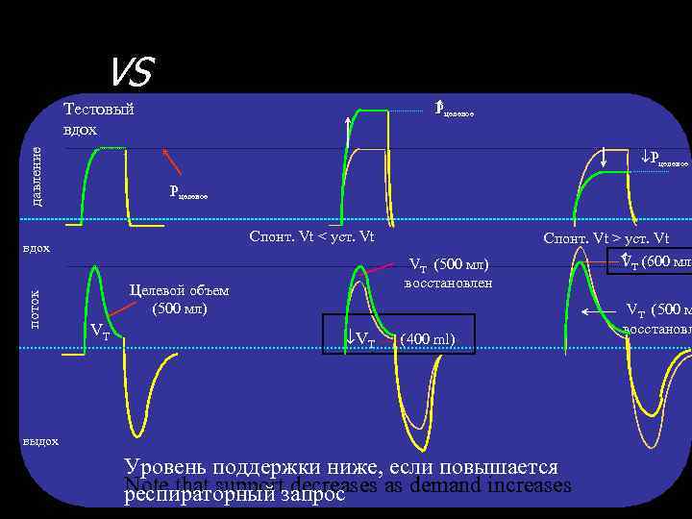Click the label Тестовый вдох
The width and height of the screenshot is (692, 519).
[98, 119]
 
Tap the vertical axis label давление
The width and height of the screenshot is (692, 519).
[37, 175]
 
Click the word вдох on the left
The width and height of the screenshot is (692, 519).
[36, 249]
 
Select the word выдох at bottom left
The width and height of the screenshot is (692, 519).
[39, 441]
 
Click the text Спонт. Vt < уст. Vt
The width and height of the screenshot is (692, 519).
[311, 237]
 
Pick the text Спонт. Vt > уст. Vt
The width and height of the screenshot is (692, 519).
[605, 238]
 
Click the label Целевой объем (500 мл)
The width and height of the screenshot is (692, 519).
[179, 301]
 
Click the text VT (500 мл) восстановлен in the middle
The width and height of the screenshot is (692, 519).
[448, 274]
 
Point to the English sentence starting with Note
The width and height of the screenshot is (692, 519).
[347, 485]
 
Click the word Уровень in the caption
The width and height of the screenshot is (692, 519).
[168, 467]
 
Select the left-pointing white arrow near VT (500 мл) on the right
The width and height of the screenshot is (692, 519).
[601, 311]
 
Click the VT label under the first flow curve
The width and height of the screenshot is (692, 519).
[99, 333]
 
